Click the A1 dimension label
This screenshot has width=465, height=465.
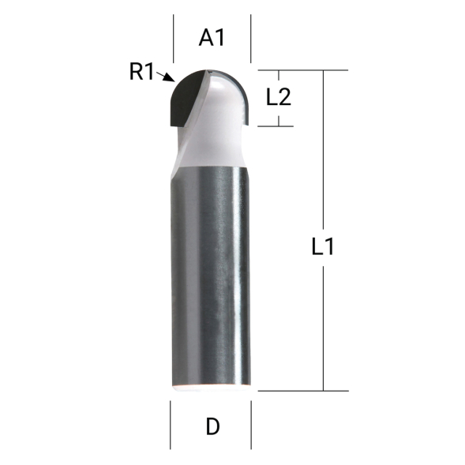[212, 37]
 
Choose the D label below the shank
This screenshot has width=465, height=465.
[212, 427]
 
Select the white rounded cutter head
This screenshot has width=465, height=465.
[225, 103]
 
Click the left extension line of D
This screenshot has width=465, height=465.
[171, 424]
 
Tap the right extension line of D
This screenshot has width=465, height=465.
[251, 424]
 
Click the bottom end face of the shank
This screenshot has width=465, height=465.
[211, 387]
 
